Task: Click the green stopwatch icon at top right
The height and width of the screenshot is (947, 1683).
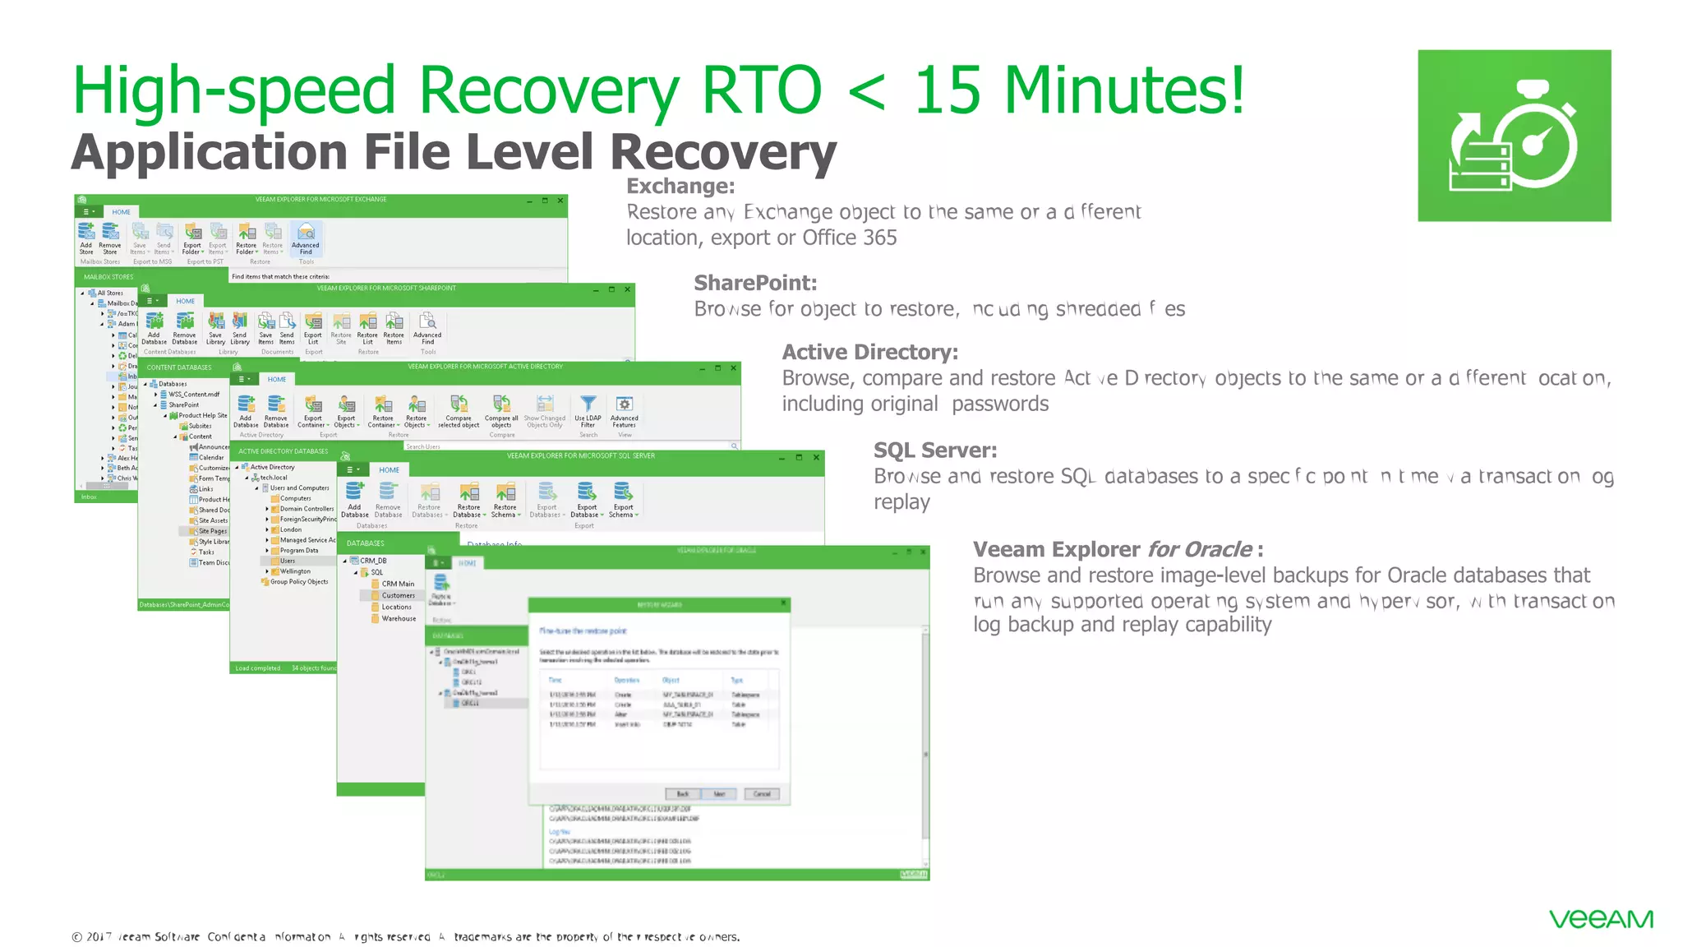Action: click(1514, 136)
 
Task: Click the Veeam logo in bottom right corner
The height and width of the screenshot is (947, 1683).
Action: click(1600, 919)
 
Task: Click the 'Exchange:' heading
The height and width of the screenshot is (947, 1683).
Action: click(680, 186)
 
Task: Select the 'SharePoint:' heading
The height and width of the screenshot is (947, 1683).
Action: click(755, 283)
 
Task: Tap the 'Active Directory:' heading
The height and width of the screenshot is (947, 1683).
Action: click(869, 352)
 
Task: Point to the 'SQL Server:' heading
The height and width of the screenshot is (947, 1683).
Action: click(934, 450)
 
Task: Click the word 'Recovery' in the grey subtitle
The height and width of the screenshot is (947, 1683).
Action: click(723, 152)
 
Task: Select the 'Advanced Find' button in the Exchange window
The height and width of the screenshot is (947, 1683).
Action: click(305, 239)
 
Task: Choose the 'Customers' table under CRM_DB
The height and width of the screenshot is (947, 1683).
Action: click(398, 595)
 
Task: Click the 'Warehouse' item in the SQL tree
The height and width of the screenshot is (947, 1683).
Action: click(399, 618)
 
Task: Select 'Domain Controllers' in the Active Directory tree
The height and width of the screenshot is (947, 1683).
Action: click(306, 509)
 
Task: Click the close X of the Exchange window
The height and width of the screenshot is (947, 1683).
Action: click(560, 201)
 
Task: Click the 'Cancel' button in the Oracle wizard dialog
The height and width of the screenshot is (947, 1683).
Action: click(761, 793)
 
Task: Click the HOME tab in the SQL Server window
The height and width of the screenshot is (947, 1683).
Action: click(389, 470)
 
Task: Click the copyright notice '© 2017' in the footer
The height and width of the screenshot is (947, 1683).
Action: click(92, 936)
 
